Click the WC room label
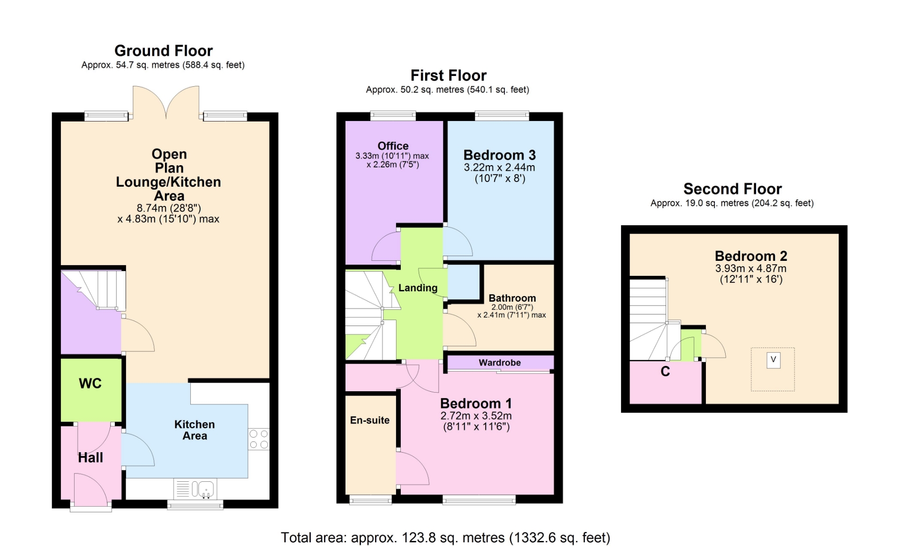tap(90, 383)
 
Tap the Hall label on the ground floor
tap(90, 457)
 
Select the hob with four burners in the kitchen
tap(259, 439)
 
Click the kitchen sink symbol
tap(195, 489)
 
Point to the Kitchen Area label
tap(195, 430)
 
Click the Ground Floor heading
tap(164, 51)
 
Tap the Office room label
tap(393, 146)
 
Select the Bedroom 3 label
tap(500, 155)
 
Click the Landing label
tap(418, 288)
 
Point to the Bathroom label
tap(512, 298)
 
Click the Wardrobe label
tap(500, 363)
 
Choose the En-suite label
tap(370, 420)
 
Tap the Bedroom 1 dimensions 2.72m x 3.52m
tap(476, 416)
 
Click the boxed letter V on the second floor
tap(773, 360)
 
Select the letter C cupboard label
tap(665, 372)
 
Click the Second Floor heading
tap(733, 189)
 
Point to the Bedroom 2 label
tap(751, 256)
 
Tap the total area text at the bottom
tap(446, 538)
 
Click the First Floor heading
tap(449, 75)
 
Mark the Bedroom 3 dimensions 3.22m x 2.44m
tap(500, 167)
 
